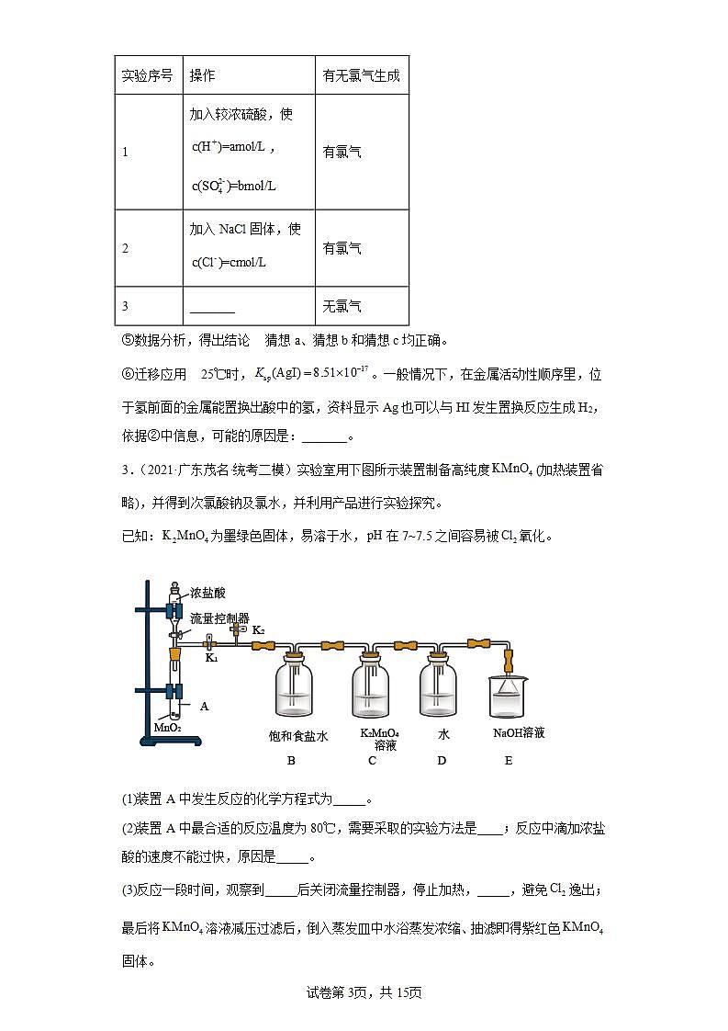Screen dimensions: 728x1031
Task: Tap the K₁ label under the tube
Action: click(211, 658)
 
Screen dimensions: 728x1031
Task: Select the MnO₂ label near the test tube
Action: click(167, 727)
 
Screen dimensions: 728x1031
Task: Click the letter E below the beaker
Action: click(509, 760)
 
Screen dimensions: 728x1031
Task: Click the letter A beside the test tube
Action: click(204, 706)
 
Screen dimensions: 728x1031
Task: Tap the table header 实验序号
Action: click(147, 75)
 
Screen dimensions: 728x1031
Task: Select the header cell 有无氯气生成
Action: click(361, 75)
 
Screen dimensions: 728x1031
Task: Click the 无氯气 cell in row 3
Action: click(342, 306)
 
